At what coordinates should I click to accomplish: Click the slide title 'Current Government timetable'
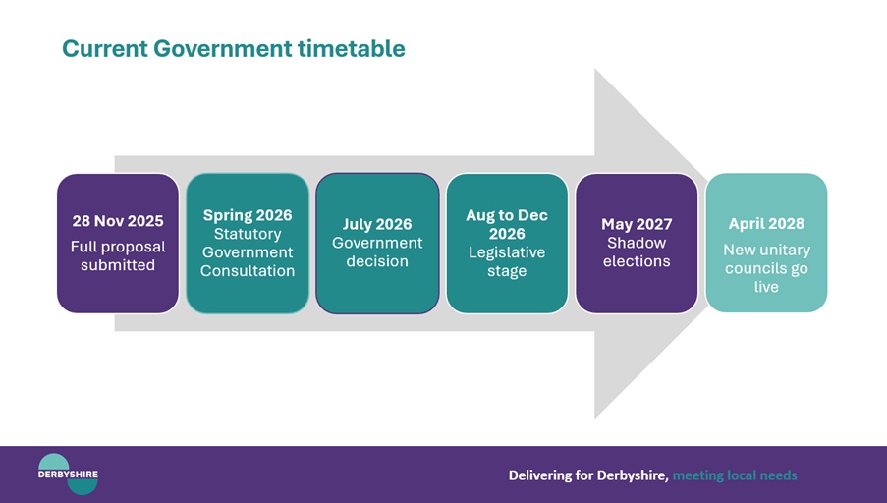233,48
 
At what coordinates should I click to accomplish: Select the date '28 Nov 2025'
118,221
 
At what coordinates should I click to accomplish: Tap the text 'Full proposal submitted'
118,255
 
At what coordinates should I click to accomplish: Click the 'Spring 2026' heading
248,215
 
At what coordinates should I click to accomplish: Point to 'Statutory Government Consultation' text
248,252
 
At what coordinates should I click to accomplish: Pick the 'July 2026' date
377,224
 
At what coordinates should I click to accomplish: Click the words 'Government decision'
377,251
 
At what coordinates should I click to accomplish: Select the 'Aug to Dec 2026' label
507,224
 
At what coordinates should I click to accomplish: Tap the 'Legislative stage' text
507,261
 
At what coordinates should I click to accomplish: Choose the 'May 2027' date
637,224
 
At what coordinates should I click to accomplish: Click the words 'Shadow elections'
637,251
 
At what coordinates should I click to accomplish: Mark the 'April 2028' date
766,223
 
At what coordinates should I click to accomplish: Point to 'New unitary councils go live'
766,268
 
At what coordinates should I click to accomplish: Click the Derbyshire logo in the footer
68,474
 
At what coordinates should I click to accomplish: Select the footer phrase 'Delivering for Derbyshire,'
588,475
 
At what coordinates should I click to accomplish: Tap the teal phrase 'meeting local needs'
735,475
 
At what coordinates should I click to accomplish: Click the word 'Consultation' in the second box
248,271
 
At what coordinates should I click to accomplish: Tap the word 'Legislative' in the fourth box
507,252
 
